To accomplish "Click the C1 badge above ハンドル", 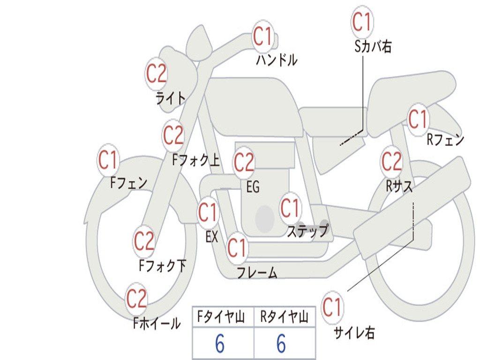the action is (263, 36).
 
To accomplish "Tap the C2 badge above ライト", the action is (156, 74).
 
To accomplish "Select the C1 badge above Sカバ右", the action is (362, 22).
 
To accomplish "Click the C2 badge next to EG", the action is (244, 162).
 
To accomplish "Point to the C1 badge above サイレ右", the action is (332, 307).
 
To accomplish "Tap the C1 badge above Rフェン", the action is (418, 120).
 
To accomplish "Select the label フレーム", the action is (257, 273).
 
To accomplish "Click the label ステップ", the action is (308, 231).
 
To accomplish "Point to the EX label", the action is (212, 237).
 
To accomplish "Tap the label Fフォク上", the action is (196, 160).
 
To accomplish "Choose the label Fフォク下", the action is (163, 266).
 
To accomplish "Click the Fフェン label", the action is (129, 183).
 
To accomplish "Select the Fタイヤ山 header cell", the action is (223, 316).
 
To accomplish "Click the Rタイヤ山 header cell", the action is (285, 316).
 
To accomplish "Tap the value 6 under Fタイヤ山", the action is (220, 344).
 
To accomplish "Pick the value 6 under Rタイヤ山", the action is (281, 344).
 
